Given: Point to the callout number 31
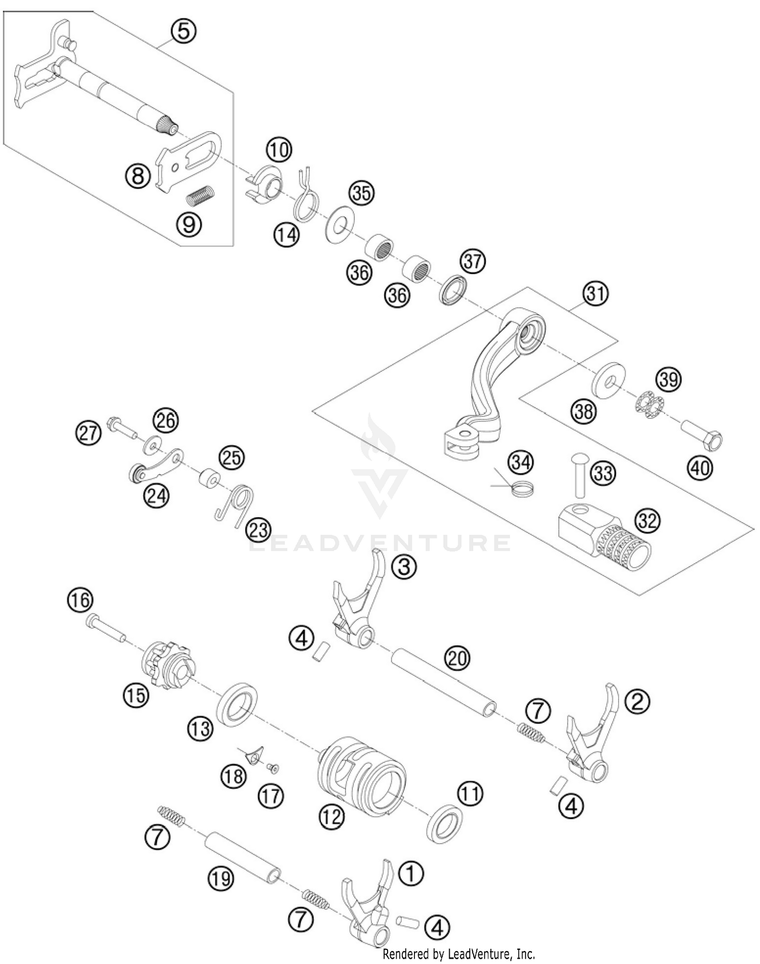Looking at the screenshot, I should point(595,293).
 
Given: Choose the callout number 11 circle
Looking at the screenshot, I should point(471,793).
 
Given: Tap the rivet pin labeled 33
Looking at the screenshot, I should point(579,474).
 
